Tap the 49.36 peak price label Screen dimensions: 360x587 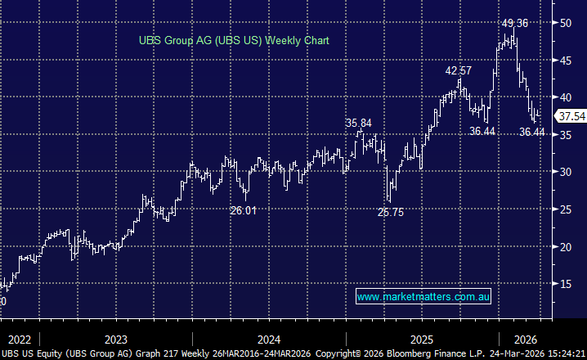click(515, 23)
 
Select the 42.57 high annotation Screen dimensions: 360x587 click(459, 71)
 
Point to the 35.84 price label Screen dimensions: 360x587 click(358, 124)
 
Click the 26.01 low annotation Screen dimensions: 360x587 click(243, 210)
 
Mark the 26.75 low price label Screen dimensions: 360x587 click(391, 211)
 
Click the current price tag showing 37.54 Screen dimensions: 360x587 click(571, 117)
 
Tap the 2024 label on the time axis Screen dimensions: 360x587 click(269, 338)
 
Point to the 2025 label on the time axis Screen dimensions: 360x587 click(422, 338)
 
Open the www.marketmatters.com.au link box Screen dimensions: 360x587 click(423, 296)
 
